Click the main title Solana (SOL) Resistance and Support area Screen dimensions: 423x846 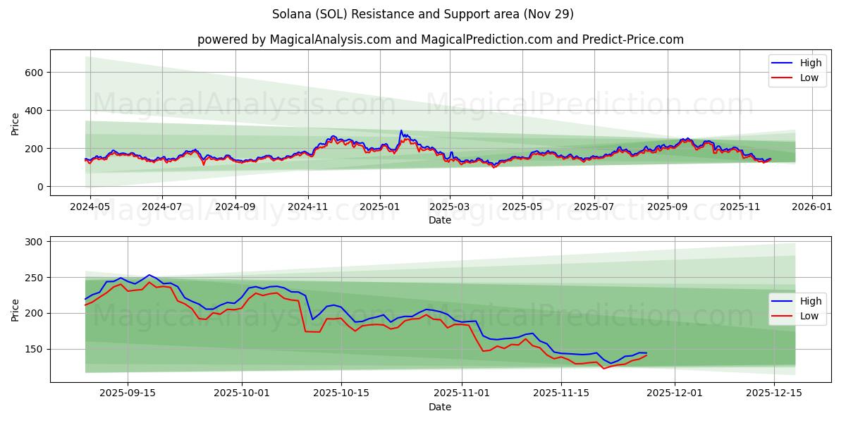(x=422, y=14)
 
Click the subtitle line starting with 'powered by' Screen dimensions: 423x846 (x=440, y=39)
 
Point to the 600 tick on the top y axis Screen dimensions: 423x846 (x=35, y=73)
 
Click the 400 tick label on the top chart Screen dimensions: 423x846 (x=35, y=111)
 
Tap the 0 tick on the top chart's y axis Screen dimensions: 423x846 (x=41, y=187)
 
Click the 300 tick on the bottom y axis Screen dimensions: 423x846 (x=35, y=242)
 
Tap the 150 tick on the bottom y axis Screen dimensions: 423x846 (x=35, y=349)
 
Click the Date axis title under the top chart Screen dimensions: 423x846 (x=440, y=221)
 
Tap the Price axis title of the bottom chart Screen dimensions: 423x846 (x=16, y=309)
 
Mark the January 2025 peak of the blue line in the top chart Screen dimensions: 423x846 (x=401, y=130)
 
